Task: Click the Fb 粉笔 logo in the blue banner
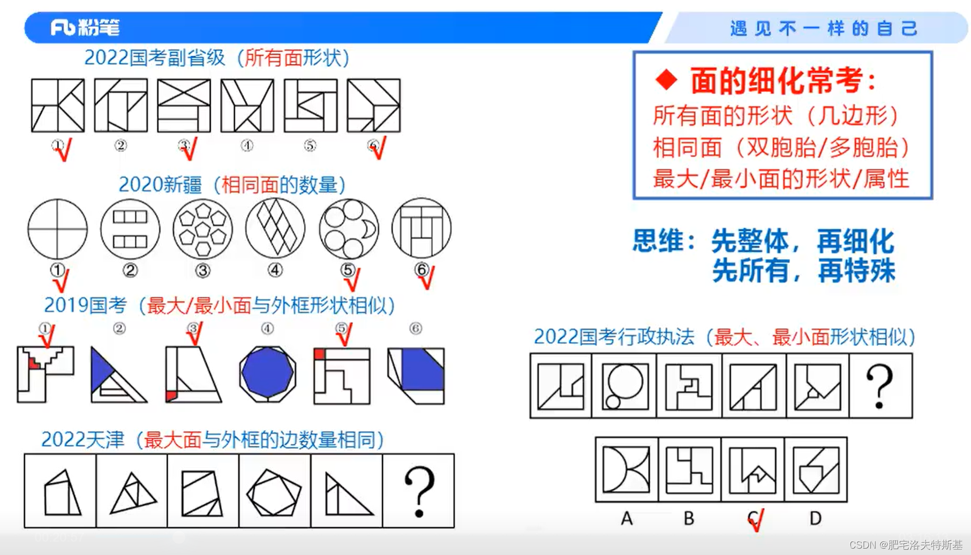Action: point(85,27)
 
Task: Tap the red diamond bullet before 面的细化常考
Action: point(667,80)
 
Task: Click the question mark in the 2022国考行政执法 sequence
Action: point(879,386)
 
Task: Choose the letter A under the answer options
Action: point(627,518)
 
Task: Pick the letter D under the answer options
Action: point(815,518)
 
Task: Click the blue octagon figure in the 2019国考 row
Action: point(267,374)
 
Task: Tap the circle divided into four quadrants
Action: point(57,229)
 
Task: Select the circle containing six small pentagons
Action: point(202,229)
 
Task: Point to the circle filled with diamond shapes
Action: point(275,229)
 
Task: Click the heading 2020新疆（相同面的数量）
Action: point(232,185)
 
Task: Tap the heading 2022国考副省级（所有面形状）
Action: point(217,58)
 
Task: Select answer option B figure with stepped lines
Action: point(689,470)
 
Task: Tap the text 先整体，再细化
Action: point(803,241)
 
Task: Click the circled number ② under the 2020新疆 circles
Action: point(130,271)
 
